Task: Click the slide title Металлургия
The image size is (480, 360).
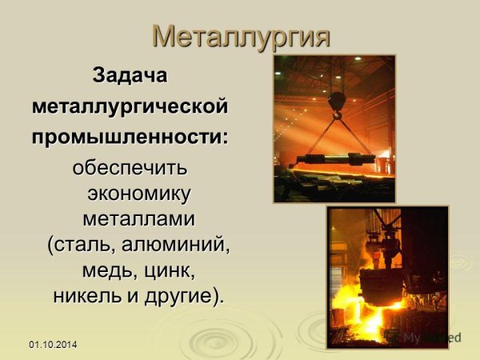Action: point(240,35)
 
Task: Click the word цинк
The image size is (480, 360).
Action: point(170,270)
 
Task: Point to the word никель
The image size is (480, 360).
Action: point(84,295)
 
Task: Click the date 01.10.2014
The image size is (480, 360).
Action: point(54,344)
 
